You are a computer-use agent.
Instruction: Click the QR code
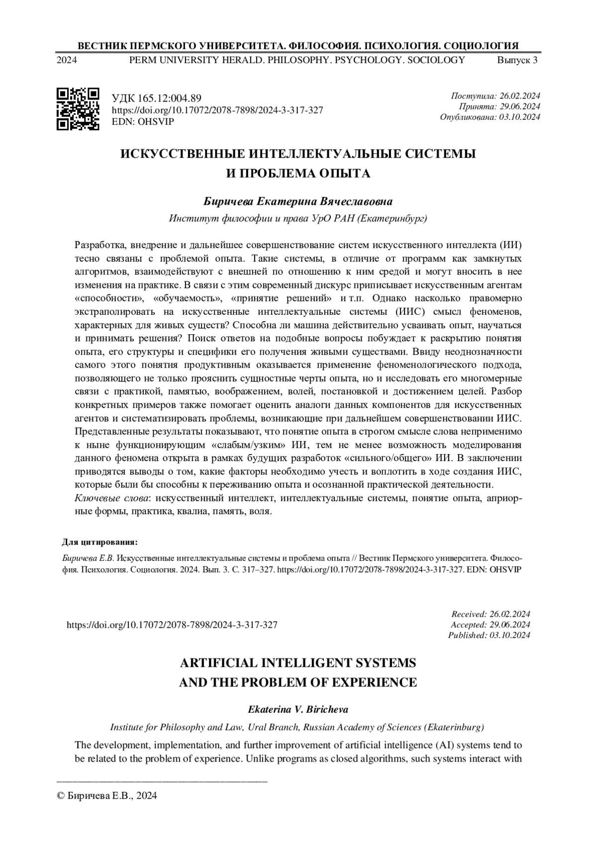click(78, 109)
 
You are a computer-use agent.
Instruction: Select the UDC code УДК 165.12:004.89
click(156, 98)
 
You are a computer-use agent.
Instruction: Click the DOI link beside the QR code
click(217, 110)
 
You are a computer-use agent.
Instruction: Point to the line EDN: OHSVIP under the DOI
click(143, 121)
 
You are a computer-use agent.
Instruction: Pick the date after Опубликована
click(520, 117)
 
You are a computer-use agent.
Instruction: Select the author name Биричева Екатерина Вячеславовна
click(298, 202)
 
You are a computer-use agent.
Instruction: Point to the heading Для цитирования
click(99, 542)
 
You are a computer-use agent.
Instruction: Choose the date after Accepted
click(510, 624)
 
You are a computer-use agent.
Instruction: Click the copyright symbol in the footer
click(62, 796)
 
